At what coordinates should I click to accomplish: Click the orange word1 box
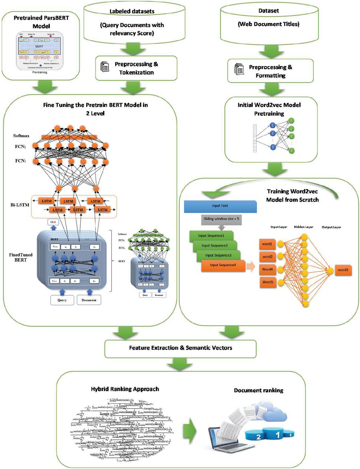(267, 244)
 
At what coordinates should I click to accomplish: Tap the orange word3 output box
(343, 270)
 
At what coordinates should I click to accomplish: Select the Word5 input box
(267, 282)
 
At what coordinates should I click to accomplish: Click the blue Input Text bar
(220, 206)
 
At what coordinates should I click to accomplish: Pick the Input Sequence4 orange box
(223, 265)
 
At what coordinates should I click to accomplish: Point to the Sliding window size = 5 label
(221, 219)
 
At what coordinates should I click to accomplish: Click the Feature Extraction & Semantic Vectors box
(181, 348)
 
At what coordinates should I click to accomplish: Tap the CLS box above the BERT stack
(52, 222)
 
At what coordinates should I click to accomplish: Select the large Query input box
(62, 300)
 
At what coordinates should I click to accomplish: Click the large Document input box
(89, 300)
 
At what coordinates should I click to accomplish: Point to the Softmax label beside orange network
(21, 136)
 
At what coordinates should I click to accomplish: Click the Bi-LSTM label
(20, 205)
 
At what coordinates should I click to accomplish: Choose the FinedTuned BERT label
(21, 257)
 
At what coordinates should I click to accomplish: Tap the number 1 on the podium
(277, 433)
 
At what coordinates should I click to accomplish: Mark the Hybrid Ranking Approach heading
(125, 389)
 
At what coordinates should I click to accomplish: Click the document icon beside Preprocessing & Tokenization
(105, 67)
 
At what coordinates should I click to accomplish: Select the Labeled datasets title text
(132, 12)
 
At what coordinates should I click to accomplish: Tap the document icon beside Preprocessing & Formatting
(239, 69)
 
